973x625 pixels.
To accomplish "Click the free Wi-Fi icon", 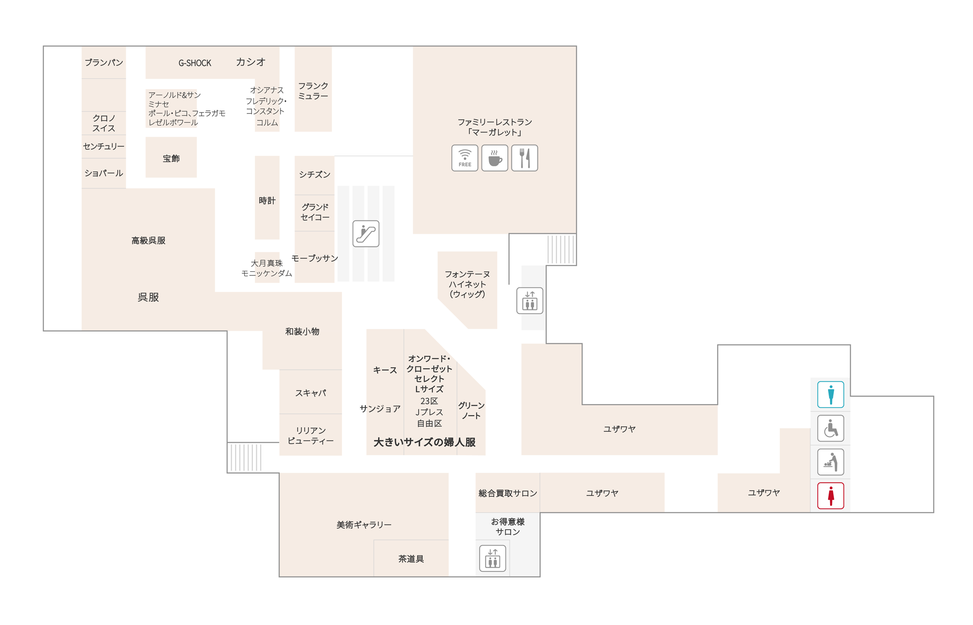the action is tap(465, 158).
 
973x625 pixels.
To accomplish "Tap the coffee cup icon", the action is tap(495, 158).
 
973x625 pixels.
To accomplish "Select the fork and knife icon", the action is tap(524, 158).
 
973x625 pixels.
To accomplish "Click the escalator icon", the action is tap(366, 233).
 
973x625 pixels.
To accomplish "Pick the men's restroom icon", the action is tap(830, 394).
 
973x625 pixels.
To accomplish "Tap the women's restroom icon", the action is tap(830, 496).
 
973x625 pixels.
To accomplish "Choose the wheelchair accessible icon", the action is tap(830, 428).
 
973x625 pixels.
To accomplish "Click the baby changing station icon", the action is tap(830, 462).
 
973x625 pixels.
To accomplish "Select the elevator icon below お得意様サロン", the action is tap(493, 558).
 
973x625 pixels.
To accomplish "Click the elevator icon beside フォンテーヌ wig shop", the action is tap(530, 301).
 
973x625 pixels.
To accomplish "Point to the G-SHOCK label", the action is tap(195, 63).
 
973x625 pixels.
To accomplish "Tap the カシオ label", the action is tap(251, 62).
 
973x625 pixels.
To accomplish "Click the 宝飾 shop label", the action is tap(171, 159).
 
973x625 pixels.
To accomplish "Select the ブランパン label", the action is tap(104, 62).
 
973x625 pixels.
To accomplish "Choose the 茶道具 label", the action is tap(411, 559).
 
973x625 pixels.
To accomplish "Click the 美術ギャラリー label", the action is tap(364, 525).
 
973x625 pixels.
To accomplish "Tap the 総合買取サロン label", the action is tap(508, 493).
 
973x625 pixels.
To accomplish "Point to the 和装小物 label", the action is tap(302, 331).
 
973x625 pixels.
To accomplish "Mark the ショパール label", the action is tap(104, 173).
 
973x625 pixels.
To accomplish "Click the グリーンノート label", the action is tap(471, 411).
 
